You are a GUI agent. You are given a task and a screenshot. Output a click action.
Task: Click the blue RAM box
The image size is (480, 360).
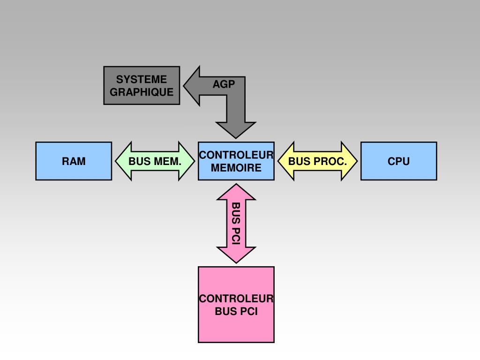pos(74,161)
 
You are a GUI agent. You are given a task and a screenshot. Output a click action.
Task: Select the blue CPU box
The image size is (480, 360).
pos(398,161)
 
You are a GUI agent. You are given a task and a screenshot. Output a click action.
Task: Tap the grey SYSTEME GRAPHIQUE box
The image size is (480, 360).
pos(142,85)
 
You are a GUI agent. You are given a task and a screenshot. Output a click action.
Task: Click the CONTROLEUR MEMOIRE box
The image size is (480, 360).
pos(236,161)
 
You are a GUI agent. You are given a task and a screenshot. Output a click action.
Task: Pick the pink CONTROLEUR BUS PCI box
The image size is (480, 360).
pos(236,305)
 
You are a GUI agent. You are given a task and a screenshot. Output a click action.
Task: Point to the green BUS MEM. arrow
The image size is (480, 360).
pos(155,161)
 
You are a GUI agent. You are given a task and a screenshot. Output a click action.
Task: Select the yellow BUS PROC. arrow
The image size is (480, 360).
pos(317,161)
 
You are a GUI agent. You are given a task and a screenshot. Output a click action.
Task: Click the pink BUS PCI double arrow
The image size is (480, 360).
pos(236,224)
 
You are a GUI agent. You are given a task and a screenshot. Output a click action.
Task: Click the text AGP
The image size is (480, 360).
pos(223,84)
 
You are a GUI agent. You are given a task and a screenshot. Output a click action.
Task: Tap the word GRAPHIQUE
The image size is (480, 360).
pos(142,92)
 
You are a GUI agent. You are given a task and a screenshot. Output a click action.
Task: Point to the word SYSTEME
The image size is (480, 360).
pos(142,80)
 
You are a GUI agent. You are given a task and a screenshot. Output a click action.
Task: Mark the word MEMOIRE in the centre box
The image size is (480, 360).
pos(236,168)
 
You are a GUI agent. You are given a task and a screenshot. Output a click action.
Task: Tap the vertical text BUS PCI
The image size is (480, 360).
pos(236,224)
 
